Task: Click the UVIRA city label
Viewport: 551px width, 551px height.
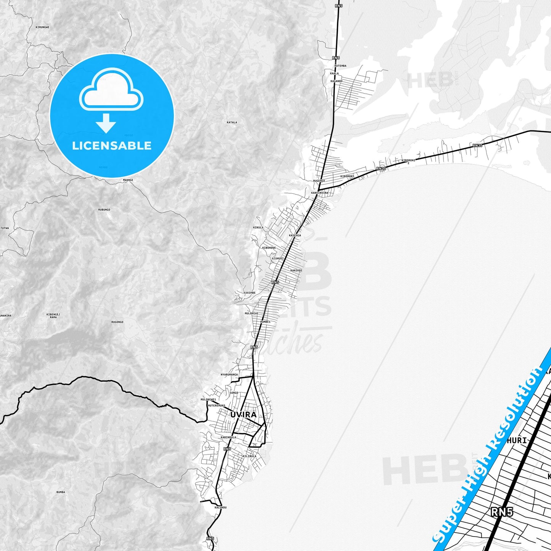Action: [243, 414]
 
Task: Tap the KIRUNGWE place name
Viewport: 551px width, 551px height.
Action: [42, 27]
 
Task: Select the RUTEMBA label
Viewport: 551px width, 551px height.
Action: [340, 66]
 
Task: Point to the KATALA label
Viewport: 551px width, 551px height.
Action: [232, 122]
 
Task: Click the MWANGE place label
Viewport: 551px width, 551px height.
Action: [128, 180]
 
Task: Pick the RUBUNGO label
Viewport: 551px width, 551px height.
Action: [104, 210]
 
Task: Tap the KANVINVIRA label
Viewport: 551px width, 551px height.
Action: [320, 193]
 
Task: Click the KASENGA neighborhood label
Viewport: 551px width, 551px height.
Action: [295, 235]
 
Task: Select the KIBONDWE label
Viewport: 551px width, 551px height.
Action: [269, 247]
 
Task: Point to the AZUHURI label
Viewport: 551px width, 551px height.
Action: [278, 258]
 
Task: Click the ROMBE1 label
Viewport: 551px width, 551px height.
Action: [265, 322]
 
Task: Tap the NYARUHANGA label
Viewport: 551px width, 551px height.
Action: [229, 374]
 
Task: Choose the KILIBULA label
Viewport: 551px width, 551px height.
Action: [249, 456]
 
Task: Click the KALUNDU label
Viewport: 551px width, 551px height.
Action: [220, 508]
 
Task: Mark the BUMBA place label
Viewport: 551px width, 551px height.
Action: [61, 492]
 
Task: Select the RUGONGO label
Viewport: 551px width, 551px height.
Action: [117, 322]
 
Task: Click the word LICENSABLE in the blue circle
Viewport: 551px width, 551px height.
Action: [112, 146]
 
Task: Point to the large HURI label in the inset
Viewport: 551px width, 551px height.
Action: [517, 440]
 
